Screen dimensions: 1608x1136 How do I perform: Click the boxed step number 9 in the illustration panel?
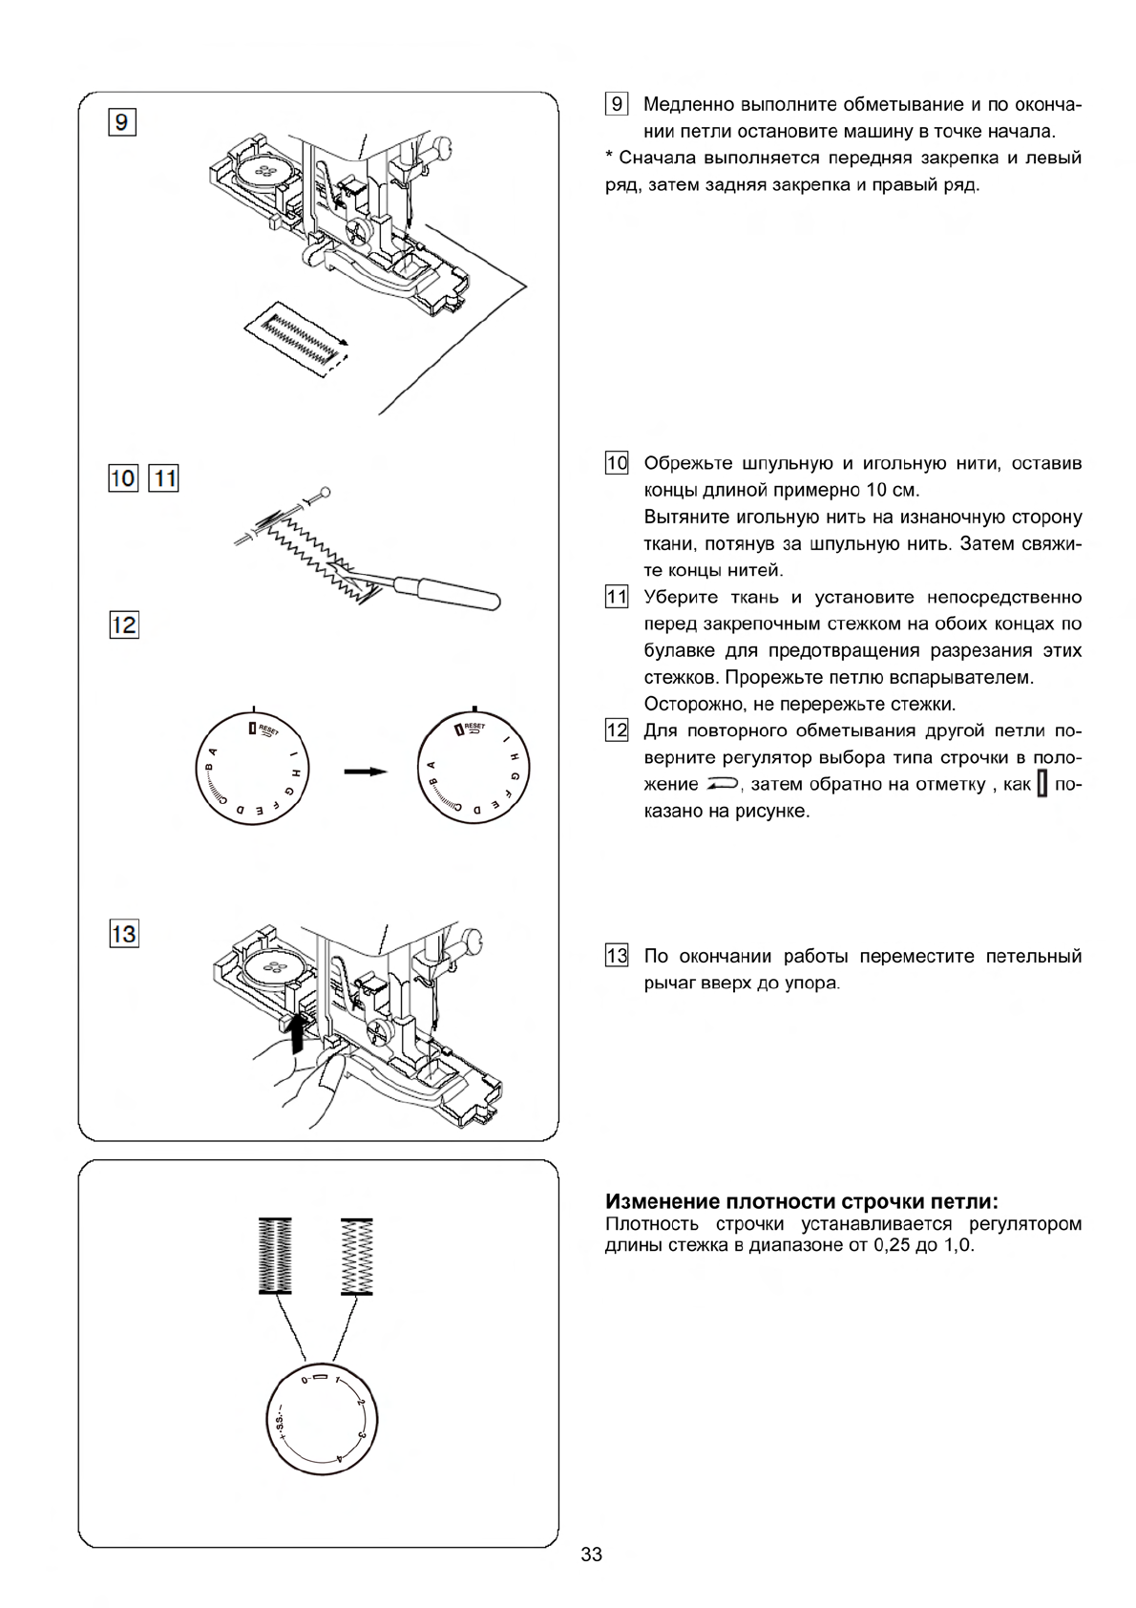pyautogui.click(x=124, y=123)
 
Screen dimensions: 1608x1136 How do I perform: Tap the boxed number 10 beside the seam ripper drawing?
pyautogui.click(x=124, y=476)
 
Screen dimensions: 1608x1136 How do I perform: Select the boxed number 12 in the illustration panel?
pyautogui.click(x=124, y=625)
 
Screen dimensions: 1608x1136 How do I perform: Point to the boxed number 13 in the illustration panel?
pyautogui.click(x=124, y=933)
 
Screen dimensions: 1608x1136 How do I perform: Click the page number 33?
pyautogui.click(x=591, y=1555)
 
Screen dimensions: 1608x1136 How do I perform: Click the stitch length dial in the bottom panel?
pyautogui.click(x=322, y=1413)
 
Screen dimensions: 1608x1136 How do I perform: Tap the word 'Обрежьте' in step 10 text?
pyautogui.click(x=686, y=464)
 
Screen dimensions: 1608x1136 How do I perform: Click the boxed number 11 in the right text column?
pyautogui.click(x=617, y=598)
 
